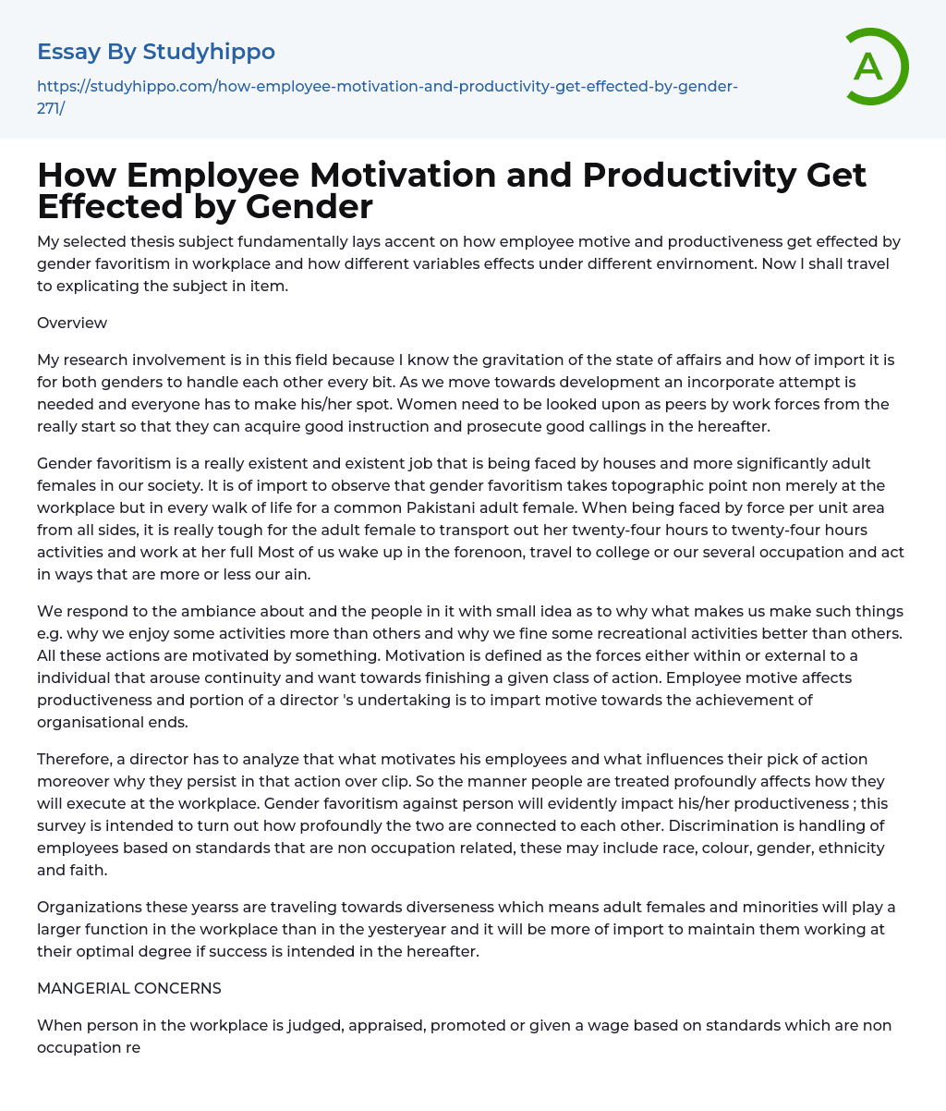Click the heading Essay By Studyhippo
point(156,52)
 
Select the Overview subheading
point(72,323)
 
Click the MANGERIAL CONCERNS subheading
point(129,988)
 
